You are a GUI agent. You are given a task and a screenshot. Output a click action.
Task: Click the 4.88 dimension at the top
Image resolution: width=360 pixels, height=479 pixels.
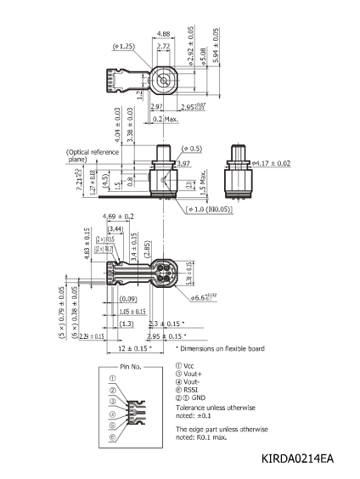click(x=163, y=34)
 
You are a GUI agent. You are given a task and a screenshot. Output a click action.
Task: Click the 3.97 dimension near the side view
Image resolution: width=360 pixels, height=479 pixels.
click(x=184, y=161)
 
